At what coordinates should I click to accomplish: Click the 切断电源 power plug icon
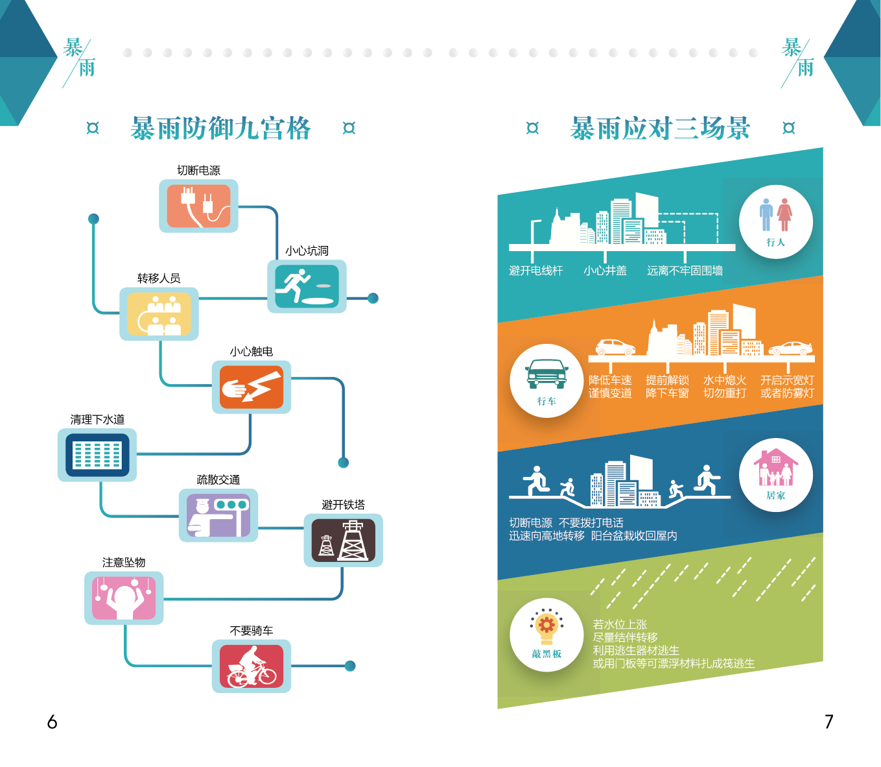[x=198, y=206]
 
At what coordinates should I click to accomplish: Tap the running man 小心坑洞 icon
[x=307, y=286]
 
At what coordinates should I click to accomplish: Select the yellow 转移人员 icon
[x=159, y=314]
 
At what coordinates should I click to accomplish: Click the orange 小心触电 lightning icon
[x=252, y=387]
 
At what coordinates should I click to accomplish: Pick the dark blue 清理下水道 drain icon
[x=97, y=455]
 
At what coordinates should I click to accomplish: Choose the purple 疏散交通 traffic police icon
[x=218, y=515]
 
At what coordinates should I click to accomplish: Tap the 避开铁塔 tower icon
[x=343, y=540]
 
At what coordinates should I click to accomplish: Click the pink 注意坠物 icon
[x=124, y=598]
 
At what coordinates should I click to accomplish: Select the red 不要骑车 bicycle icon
[x=252, y=666]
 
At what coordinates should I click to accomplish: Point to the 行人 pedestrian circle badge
[x=775, y=222]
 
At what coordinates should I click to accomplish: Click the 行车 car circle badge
[x=546, y=381]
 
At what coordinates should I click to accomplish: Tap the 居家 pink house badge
[x=775, y=475]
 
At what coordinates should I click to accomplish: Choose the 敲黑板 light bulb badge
[x=546, y=634]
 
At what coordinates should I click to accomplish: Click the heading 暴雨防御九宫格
[x=220, y=128]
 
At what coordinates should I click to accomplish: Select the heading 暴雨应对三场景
[x=660, y=128]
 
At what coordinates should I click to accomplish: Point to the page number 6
[x=53, y=722]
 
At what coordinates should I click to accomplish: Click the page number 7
[x=828, y=722]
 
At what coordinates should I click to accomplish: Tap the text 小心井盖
[x=605, y=271]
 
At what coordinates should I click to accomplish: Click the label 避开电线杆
[x=536, y=271]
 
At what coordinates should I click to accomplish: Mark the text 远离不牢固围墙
[x=685, y=271]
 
